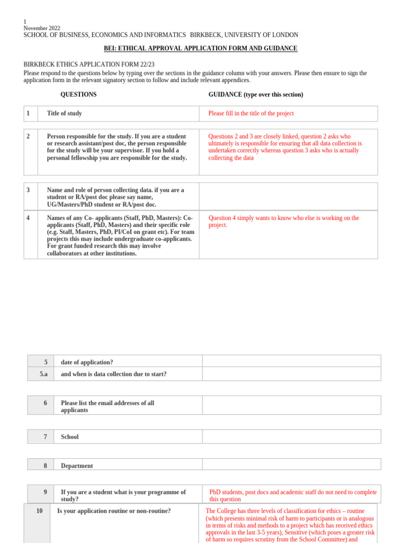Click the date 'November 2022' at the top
(x=42, y=28)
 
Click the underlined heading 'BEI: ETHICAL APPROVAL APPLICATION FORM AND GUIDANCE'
(x=200, y=48)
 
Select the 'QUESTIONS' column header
(x=78, y=94)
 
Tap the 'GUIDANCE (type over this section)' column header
(x=255, y=94)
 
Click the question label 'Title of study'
(x=64, y=113)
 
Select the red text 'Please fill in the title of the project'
(x=251, y=113)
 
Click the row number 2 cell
(x=30, y=152)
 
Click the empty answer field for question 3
(x=288, y=196)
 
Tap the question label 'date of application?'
(x=87, y=362)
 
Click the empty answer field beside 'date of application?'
(x=291, y=361)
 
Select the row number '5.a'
(x=43, y=374)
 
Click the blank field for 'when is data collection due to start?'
(x=291, y=374)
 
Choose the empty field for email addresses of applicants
(x=291, y=405)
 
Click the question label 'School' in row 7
(x=69, y=437)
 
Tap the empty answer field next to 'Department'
(x=291, y=464)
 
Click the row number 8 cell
(x=45, y=466)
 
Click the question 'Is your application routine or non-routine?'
(x=114, y=511)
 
